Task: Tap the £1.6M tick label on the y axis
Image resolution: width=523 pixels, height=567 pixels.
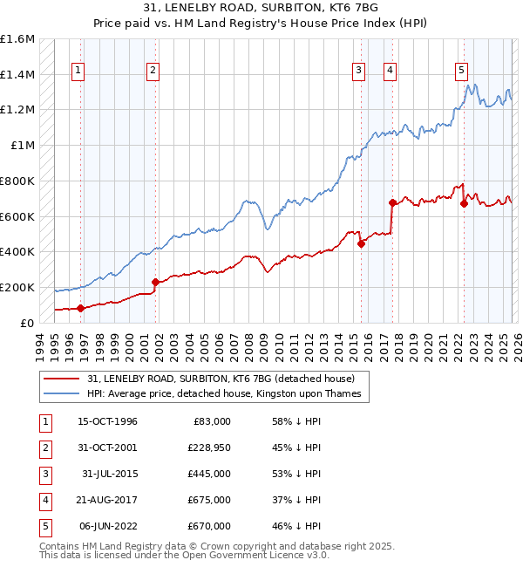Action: point(17,39)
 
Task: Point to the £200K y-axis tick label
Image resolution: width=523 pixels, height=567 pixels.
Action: point(17,287)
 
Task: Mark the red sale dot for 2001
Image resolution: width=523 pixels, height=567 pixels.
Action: point(155,282)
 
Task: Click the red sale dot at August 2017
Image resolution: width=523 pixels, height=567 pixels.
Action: point(392,202)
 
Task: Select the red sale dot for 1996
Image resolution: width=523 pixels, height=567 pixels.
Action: point(80,308)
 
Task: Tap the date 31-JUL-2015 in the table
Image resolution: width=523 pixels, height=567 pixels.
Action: point(109,474)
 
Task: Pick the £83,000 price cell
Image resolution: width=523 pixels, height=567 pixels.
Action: point(210,421)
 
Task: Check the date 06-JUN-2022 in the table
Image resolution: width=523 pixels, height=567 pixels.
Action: point(109,526)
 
